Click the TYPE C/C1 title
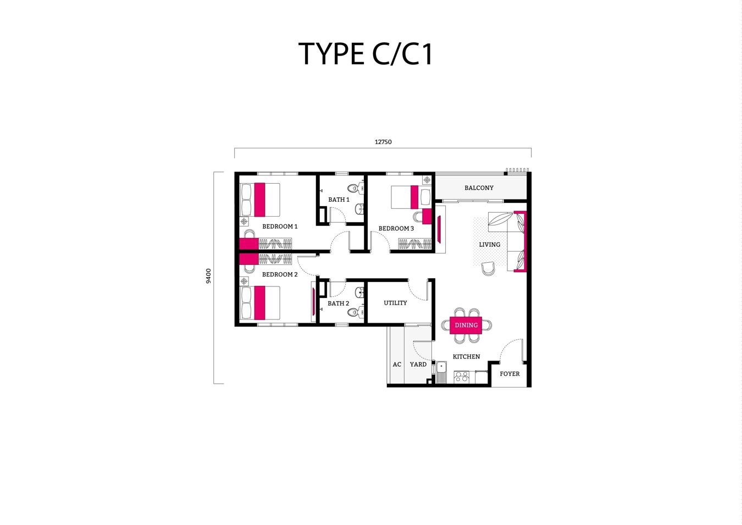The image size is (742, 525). pyautogui.click(x=366, y=54)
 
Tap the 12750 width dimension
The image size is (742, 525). pyautogui.click(x=383, y=142)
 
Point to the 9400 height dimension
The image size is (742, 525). pyautogui.click(x=208, y=276)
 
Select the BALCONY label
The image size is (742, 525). pyautogui.click(x=479, y=188)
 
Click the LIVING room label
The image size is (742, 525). pyautogui.click(x=489, y=245)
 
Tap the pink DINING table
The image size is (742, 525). pyautogui.click(x=466, y=325)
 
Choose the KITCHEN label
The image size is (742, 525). pyautogui.click(x=466, y=357)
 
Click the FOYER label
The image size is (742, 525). pyautogui.click(x=510, y=374)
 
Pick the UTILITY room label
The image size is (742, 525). pyautogui.click(x=395, y=303)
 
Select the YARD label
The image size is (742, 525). pyautogui.click(x=418, y=364)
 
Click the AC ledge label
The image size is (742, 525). pyautogui.click(x=397, y=364)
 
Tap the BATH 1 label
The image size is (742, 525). pyautogui.click(x=339, y=200)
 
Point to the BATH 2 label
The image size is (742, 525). pyautogui.click(x=338, y=303)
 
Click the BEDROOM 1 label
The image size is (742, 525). pyautogui.click(x=280, y=226)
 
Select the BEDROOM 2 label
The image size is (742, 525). pyautogui.click(x=280, y=274)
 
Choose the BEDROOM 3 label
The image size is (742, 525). pyautogui.click(x=396, y=229)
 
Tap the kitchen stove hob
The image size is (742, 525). pyautogui.click(x=461, y=377)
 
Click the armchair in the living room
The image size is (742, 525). pyautogui.click(x=488, y=268)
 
